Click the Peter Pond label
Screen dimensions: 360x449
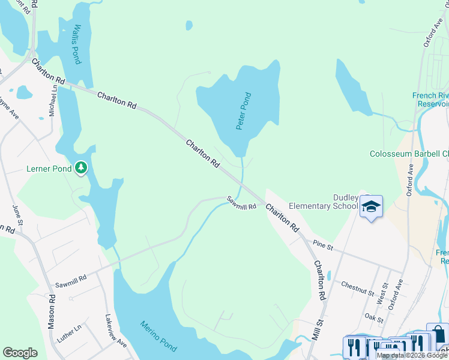click(243, 111)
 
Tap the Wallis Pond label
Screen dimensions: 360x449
click(75, 44)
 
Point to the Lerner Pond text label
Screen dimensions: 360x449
click(49, 169)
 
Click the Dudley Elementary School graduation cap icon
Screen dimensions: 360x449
click(371, 207)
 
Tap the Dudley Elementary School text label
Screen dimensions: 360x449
click(324, 202)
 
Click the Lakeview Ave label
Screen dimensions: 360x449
click(116, 331)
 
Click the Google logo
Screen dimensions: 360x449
click(20, 353)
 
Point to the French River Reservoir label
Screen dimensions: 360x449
click(430, 100)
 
